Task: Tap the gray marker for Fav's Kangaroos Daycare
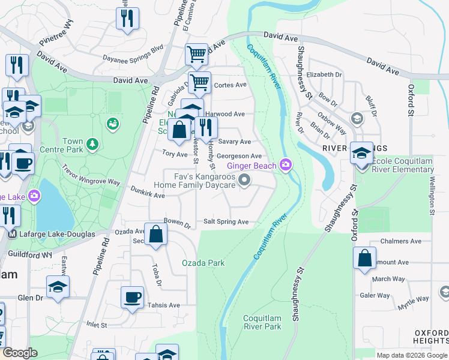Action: pyautogui.click(x=244, y=180)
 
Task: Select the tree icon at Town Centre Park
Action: pyautogui.click(x=92, y=143)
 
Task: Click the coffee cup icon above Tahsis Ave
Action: pyautogui.click(x=132, y=297)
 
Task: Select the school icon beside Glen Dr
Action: pyautogui.click(x=58, y=287)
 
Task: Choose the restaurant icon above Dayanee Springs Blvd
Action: pyautogui.click(x=127, y=19)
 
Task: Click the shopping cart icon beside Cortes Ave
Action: pyautogui.click(x=199, y=83)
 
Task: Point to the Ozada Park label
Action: pyautogui.click(x=203, y=263)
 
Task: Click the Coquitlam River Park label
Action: pyautogui.click(x=262, y=322)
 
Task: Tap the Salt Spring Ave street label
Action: pyautogui.click(x=226, y=222)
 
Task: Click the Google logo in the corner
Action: pyautogui.click(x=20, y=353)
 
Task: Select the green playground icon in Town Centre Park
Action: pyautogui.click(x=112, y=124)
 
